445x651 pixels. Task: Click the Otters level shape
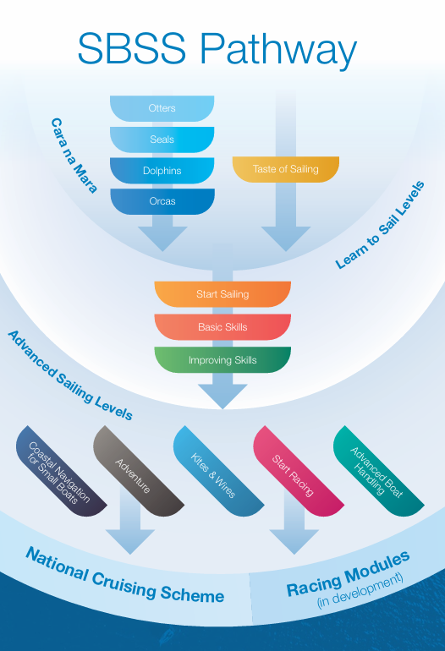click(x=162, y=108)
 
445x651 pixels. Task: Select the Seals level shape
click(x=162, y=139)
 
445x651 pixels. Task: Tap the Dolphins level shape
click(x=162, y=170)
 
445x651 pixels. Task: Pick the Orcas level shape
click(x=162, y=201)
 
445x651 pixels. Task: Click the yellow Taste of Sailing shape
click(x=286, y=169)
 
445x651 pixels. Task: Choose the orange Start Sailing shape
click(x=222, y=294)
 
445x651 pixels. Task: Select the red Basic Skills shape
click(x=222, y=327)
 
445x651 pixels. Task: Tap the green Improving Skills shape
click(x=222, y=360)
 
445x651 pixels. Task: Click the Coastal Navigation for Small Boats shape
click(x=61, y=471)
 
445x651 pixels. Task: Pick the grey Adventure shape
click(x=138, y=471)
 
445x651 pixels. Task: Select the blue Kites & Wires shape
click(x=218, y=471)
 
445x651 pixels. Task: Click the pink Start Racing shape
click(x=299, y=471)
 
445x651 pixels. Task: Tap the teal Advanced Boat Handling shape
click(x=378, y=471)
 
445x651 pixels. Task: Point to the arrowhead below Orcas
click(x=162, y=238)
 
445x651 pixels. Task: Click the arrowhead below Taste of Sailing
click(x=286, y=238)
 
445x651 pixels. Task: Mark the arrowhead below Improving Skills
click(x=222, y=397)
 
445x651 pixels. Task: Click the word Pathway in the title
click(x=278, y=50)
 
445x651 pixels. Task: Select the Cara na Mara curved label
click(x=74, y=156)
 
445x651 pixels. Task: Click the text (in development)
click(x=360, y=591)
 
